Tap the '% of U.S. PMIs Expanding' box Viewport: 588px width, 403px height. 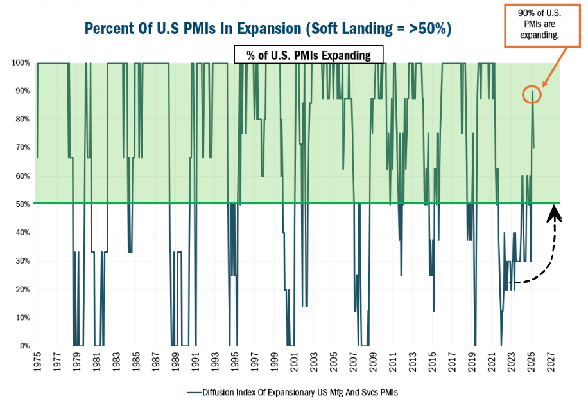[309, 55]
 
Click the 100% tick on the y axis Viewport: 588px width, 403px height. [21, 63]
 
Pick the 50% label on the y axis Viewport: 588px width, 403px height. [22, 204]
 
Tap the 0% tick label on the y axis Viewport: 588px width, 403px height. [24, 346]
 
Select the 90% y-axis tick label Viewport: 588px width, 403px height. [22, 91]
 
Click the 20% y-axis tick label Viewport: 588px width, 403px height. [22, 289]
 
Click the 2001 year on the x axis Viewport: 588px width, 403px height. [294, 362]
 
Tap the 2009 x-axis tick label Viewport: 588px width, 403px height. [374, 362]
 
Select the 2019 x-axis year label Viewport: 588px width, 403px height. [472, 362]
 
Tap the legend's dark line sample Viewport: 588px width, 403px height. [195, 391]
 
